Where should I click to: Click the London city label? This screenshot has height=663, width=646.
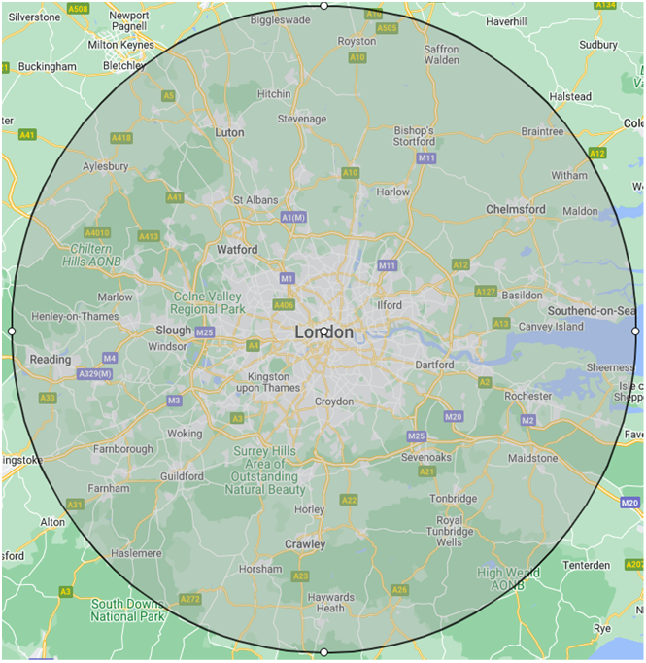coord(323,332)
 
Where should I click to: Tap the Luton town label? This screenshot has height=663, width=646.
coord(229,132)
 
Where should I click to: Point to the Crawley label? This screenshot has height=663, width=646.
coord(305,544)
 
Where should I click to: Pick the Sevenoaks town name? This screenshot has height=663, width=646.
coord(426,457)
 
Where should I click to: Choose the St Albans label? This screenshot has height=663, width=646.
coord(257,200)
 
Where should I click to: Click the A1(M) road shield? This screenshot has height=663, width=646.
coord(293,217)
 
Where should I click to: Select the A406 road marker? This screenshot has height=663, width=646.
coord(284,305)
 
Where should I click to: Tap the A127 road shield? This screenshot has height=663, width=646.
coord(486,292)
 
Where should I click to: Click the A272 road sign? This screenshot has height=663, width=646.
coord(190,599)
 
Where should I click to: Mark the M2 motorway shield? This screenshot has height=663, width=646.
coord(528,420)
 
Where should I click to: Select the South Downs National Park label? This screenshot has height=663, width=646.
coord(126,610)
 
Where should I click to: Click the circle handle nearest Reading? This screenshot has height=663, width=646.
coord(12,331)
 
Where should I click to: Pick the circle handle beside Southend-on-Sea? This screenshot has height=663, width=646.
coord(635,331)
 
